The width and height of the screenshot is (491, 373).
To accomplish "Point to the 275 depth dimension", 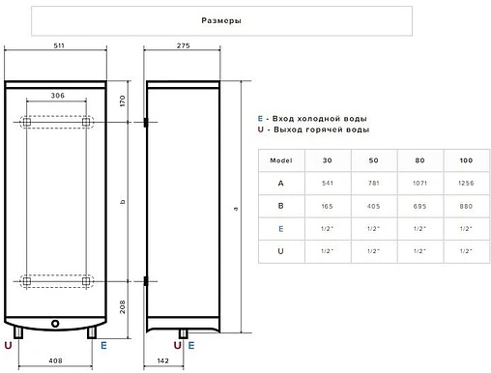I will pyautogui.click(x=181, y=47).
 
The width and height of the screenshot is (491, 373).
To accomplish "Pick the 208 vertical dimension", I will pyautogui.click(x=122, y=306).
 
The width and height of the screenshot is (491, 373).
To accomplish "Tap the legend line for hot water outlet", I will pyautogui.click(x=311, y=129).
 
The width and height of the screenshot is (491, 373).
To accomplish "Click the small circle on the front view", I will pyautogui.click(x=55, y=324).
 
